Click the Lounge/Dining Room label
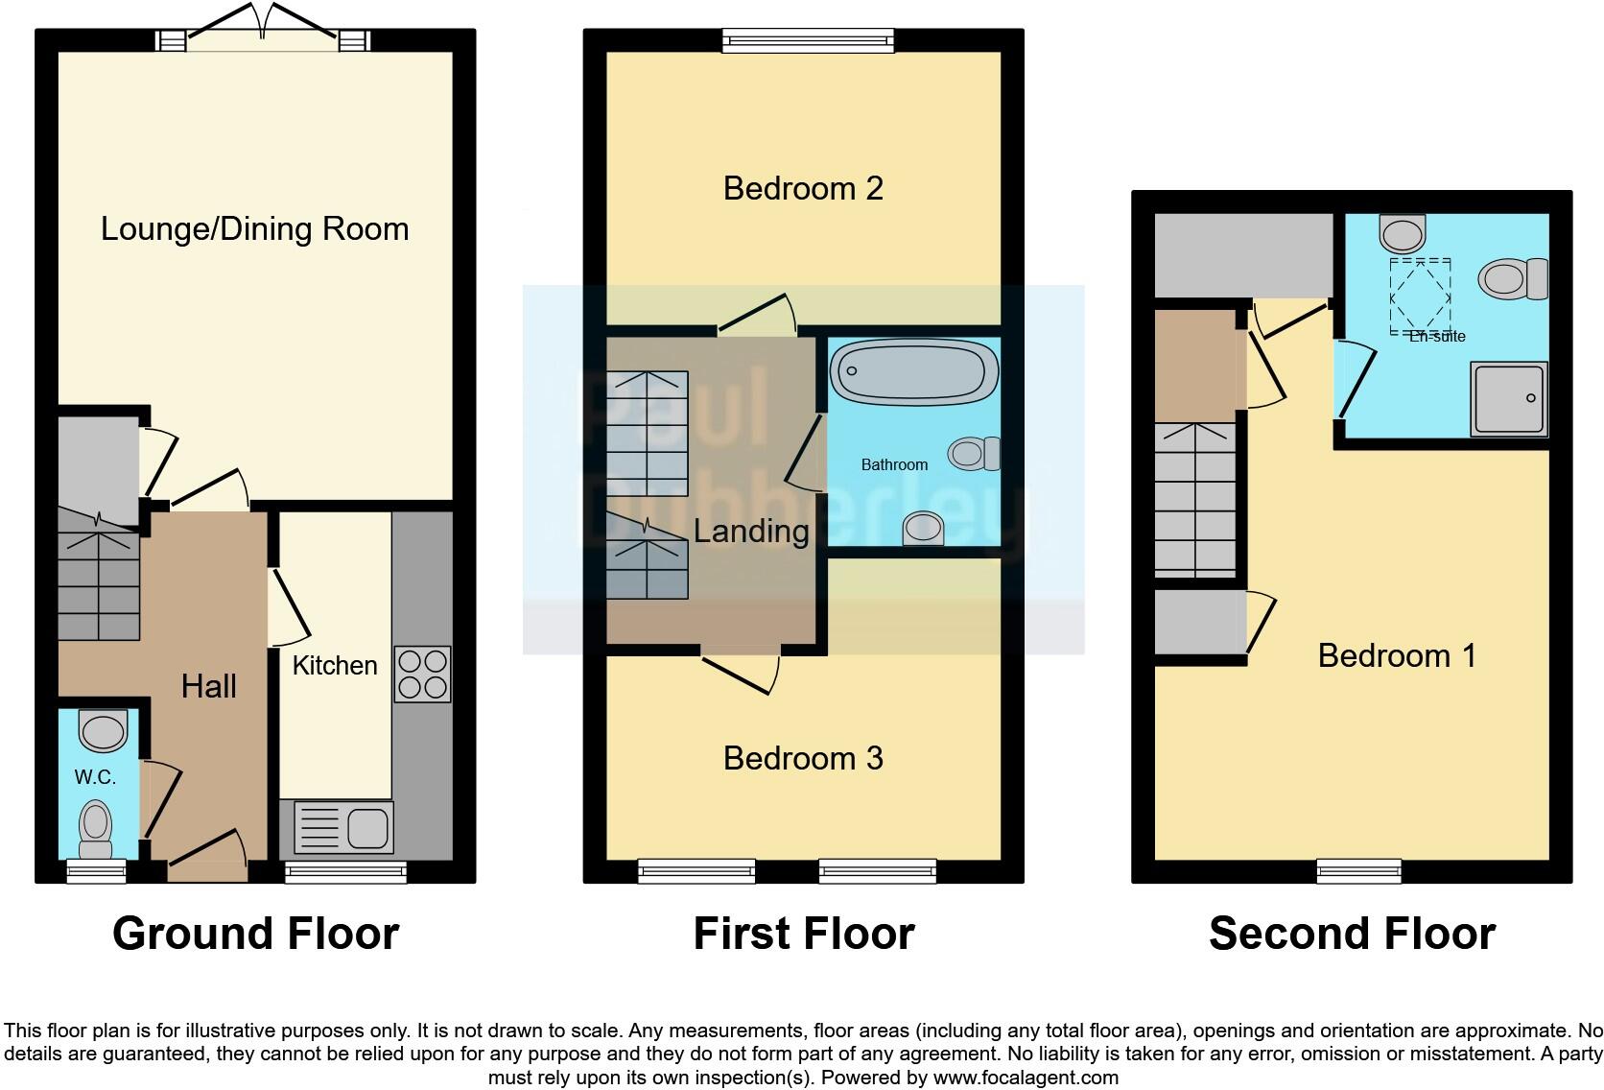(255, 229)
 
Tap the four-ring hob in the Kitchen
(423, 675)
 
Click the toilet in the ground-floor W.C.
(95, 830)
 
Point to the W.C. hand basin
(102, 731)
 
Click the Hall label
(209, 686)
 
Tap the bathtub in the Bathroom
(913, 372)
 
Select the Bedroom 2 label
(803, 188)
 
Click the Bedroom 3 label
(803, 758)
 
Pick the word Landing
(751, 531)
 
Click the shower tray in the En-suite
(1510, 397)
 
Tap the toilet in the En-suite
(1513, 279)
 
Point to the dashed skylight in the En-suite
(1420, 296)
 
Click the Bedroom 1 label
(1396, 655)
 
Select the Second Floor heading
(1352, 934)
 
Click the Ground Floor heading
(255, 934)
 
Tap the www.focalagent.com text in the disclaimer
(1026, 1078)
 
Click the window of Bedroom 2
(808, 40)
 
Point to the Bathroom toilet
(975, 454)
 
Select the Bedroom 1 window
(1358, 871)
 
